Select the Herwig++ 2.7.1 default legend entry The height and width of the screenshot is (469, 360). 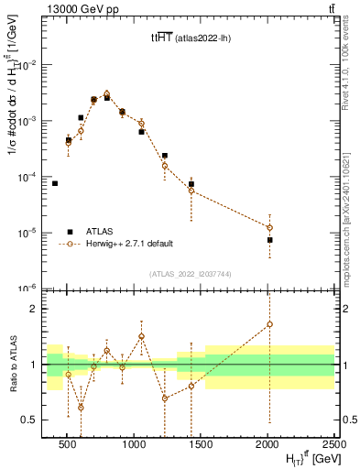coord(128,244)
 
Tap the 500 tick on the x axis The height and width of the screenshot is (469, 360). coord(67,443)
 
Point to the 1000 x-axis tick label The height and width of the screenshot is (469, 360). coord(134,443)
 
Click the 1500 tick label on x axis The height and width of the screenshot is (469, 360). coord(201,443)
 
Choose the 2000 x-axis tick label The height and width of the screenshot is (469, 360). coord(267,443)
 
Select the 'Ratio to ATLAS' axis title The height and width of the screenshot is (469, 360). coord(12,365)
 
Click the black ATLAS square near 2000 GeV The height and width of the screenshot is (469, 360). coord(270,240)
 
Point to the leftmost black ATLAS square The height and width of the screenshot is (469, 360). coord(55,183)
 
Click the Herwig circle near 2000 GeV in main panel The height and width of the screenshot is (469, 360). coord(270,227)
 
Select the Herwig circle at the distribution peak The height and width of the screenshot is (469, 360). coord(107,93)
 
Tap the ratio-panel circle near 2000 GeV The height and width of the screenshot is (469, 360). coord(270,323)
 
